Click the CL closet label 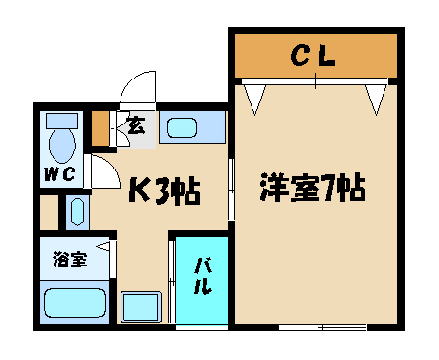pos(313,56)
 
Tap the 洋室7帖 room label pos(313,188)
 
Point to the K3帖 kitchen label pos(165,191)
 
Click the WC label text pos(59,174)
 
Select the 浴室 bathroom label pos(70,259)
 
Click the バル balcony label pos(203,276)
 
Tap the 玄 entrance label pos(137,125)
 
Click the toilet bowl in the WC pos(62,146)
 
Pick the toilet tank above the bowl pos(62,121)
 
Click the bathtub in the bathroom pos(75,303)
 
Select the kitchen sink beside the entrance pos(183,127)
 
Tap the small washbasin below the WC pos(77,212)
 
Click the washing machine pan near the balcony pos(140,306)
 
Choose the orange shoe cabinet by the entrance pos(100,128)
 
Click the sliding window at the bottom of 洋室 pos(322,327)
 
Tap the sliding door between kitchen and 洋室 pos(231,190)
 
